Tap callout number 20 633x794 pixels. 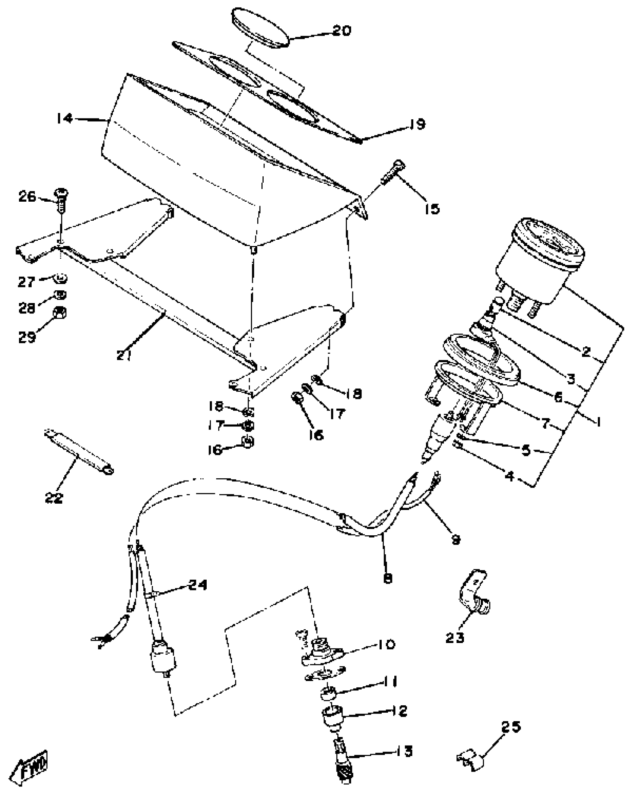pos(341,30)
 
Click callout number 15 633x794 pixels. pos(432,209)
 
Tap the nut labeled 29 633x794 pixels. pos(61,312)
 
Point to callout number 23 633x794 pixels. pos(455,637)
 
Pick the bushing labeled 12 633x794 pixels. pos(331,716)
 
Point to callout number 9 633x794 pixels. pos(456,539)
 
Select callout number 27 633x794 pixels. pos(26,282)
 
